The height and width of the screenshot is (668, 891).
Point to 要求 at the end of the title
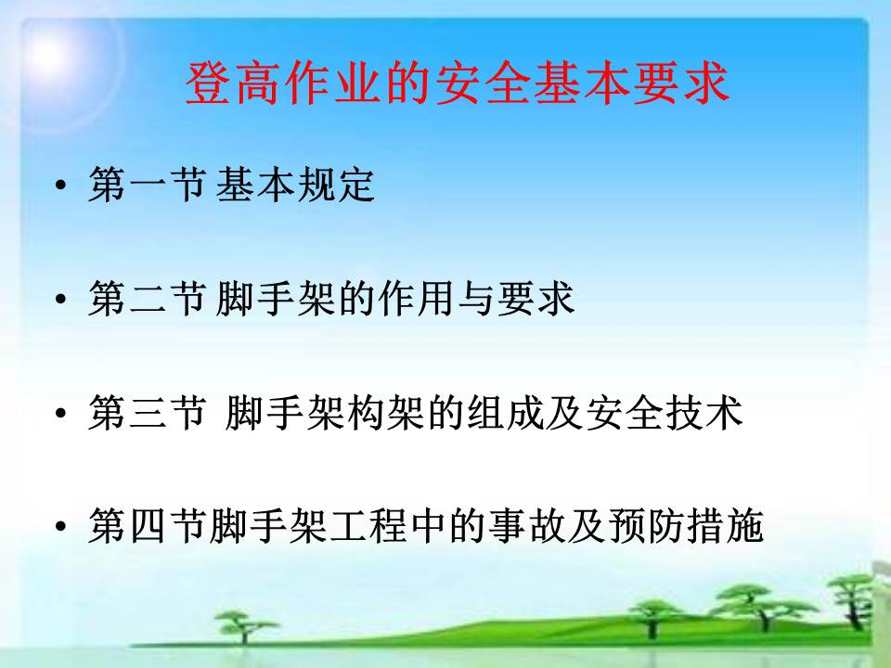[679, 83]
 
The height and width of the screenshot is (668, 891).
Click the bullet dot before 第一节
[61, 186]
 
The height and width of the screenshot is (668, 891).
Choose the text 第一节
[147, 184]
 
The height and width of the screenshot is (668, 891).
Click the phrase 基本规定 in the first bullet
[295, 184]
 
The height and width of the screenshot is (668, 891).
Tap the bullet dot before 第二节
[61, 299]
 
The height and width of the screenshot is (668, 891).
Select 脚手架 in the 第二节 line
[275, 298]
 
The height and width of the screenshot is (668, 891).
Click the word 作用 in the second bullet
[415, 298]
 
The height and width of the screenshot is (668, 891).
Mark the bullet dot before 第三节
[61, 412]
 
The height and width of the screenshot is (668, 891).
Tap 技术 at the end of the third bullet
[704, 411]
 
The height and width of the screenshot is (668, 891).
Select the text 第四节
[147, 525]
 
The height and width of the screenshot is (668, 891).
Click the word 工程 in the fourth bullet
[368, 525]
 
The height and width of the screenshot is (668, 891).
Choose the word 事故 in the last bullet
[526, 525]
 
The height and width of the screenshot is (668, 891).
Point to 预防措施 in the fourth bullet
[685, 525]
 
